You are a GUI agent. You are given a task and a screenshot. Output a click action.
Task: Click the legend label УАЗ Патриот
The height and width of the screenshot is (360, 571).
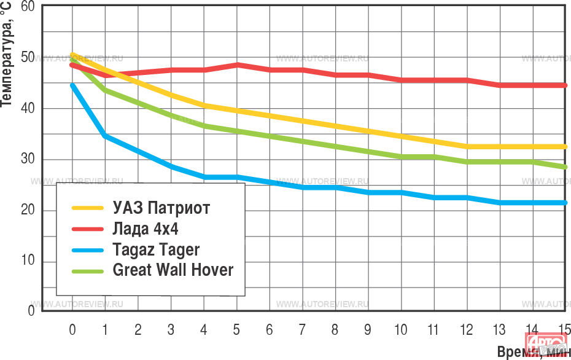[x=161, y=208]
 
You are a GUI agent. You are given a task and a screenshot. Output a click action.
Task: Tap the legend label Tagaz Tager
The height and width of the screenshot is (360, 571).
[x=156, y=249]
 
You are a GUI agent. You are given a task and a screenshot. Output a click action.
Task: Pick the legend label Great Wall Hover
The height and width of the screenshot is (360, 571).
[x=173, y=270]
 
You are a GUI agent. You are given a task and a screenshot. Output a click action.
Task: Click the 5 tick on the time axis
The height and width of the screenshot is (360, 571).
[x=236, y=330]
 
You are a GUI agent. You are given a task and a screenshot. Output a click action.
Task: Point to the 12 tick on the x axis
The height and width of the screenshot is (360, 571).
[x=466, y=330]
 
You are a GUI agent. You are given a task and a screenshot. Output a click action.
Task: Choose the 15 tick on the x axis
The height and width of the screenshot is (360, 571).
[x=564, y=330]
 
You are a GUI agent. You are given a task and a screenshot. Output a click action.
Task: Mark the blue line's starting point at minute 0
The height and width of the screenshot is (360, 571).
[x=72, y=86]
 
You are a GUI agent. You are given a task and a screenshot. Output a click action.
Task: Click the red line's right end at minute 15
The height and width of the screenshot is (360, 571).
[x=564, y=85]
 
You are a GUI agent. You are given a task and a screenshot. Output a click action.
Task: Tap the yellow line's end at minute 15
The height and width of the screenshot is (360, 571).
[x=564, y=146]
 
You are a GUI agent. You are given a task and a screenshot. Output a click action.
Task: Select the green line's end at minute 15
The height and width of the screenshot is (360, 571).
[x=564, y=167]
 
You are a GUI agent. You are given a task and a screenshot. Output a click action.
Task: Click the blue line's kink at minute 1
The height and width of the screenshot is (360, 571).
[x=105, y=136]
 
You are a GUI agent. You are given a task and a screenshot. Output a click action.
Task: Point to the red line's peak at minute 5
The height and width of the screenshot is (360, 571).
[x=236, y=65]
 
